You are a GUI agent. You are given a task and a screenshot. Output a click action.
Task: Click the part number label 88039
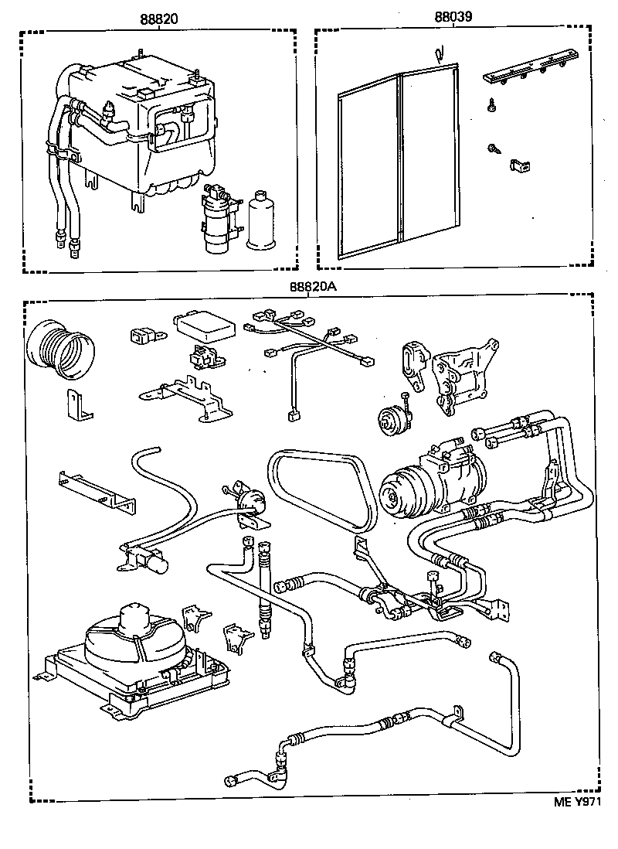(453, 17)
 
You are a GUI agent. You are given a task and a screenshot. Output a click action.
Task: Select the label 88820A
(313, 286)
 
